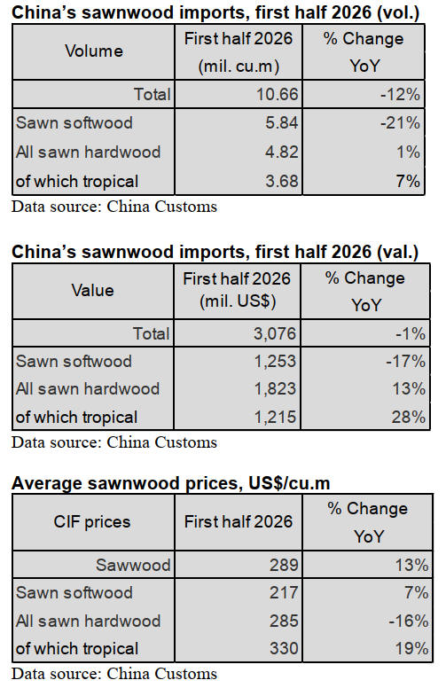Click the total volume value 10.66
click(277, 94)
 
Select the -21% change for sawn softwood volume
click(400, 123)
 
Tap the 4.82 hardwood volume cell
click(281, 152)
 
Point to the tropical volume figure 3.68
click(281, 181)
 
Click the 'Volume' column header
click(94, 51)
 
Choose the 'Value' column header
click(92, 291)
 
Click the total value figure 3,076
click(275, 333)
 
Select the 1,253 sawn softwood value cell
click(275, 361)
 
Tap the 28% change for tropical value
click(408, 417)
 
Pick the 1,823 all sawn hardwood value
click(275, 388)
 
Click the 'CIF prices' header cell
click(92, 521)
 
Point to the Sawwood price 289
click(284, 565)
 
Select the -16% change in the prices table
click(408, 621)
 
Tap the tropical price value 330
click(284, 648)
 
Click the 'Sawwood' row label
click(133, 565)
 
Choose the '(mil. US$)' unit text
click(238, 301)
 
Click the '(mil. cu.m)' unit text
click(239, 66)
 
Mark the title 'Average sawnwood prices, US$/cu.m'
click(171, 483)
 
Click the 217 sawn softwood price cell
click(284, 592)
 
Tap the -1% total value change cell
click(410, 333)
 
